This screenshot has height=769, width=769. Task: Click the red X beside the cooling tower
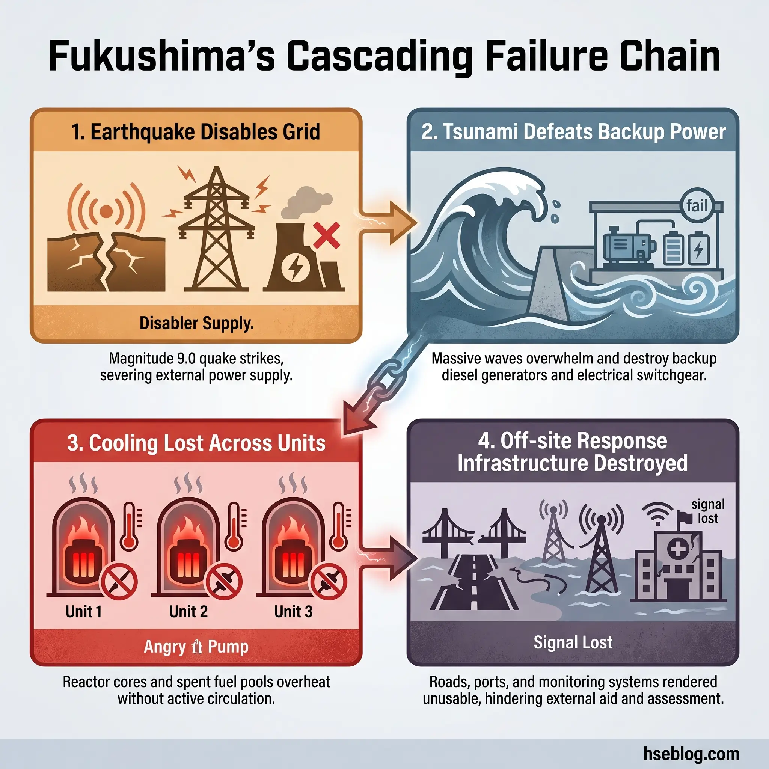click(x=326, y=235)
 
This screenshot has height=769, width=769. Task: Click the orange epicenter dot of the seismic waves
click(x=106, y=211)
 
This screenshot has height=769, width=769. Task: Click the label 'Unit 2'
click(x=188, y=611)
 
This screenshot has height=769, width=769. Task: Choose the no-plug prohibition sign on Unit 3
click(x=329, y=582)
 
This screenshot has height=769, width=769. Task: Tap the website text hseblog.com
click(x=691, y=754)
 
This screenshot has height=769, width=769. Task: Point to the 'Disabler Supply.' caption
click(x=196, y=323)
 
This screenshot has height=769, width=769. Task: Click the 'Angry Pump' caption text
click(x=196, y=647)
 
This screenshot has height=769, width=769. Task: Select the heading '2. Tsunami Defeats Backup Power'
click(x=573, y=132)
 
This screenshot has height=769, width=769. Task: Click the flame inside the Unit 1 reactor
click(x=84, y=531)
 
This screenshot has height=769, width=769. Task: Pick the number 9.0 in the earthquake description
click(x=186, y=358)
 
